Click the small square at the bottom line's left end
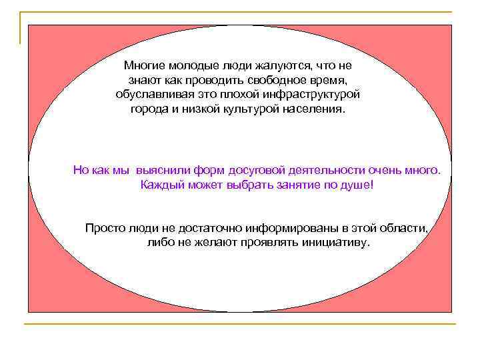pos(27,325)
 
